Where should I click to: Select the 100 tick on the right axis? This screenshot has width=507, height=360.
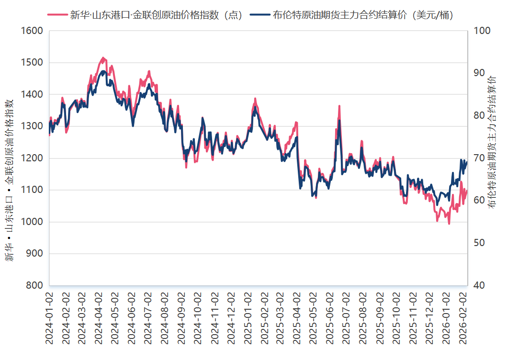(x=482, y=31)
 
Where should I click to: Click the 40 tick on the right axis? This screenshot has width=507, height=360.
(x=480, y=286)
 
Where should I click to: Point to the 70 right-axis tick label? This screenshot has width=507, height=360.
(x=480, y=158)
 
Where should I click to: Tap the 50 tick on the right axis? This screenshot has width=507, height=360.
(x=480, y=243)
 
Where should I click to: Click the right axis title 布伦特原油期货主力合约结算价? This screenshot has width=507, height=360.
(x=493, y=141)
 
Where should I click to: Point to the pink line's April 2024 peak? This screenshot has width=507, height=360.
(x=102, y=58)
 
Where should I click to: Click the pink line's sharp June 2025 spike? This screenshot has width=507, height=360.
(x=339, y=106)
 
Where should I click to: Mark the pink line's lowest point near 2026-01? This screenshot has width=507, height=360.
(x=449, y=224)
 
